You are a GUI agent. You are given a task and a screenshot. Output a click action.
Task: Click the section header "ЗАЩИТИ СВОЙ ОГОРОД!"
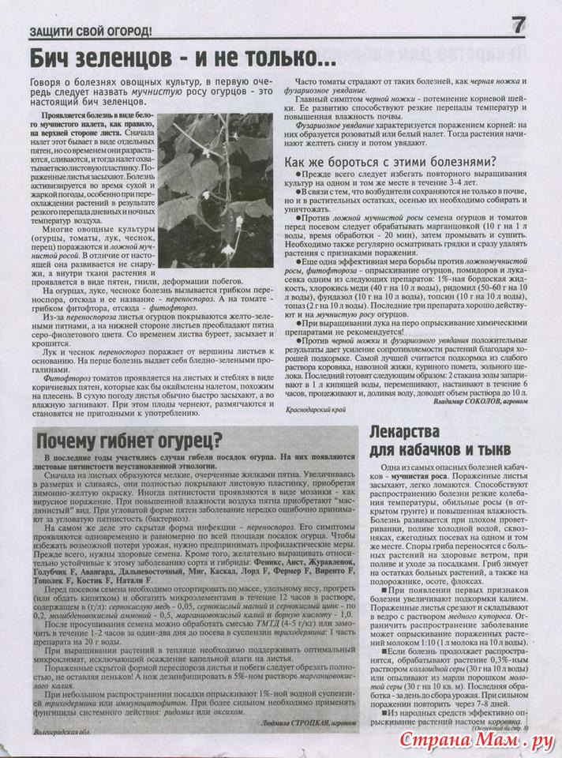point(90,32)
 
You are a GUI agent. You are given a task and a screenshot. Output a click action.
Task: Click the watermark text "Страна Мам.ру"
point(482,741)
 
